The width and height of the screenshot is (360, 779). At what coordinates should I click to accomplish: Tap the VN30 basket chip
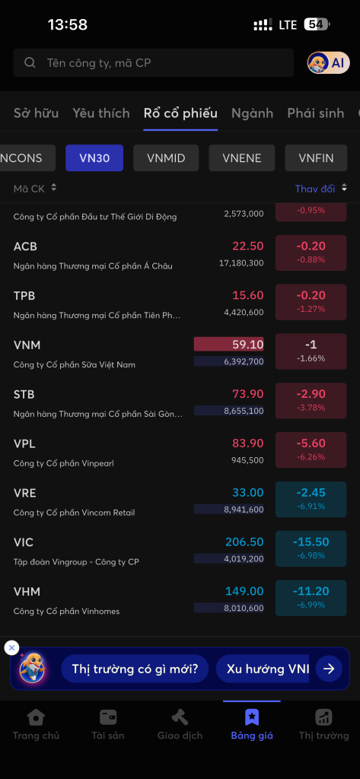(94, 158)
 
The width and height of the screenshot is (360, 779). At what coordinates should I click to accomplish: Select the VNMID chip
(166, 158)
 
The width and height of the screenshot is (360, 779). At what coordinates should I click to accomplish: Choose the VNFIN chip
(317, 158)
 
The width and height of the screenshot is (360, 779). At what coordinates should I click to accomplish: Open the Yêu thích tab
(101, 113)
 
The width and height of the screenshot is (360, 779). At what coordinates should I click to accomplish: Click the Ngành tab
(252, 113)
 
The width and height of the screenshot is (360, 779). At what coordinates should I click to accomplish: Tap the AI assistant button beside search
(329, 62)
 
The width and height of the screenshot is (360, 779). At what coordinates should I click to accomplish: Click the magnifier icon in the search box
(30, 62)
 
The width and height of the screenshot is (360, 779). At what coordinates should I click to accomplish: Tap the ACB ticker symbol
(25, 246)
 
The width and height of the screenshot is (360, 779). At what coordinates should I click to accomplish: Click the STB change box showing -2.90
(311, 400)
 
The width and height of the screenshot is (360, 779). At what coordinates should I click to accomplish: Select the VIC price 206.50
(244, 542)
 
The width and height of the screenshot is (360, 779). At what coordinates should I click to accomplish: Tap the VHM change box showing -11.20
(311, 598)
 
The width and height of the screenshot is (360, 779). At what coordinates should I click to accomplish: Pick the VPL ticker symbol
(24, 444)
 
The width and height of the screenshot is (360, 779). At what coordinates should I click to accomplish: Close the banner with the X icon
(11, 648)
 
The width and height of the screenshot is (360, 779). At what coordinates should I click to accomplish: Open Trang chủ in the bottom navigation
(36, 725)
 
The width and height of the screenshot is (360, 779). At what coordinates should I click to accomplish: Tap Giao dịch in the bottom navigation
(180, 725)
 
